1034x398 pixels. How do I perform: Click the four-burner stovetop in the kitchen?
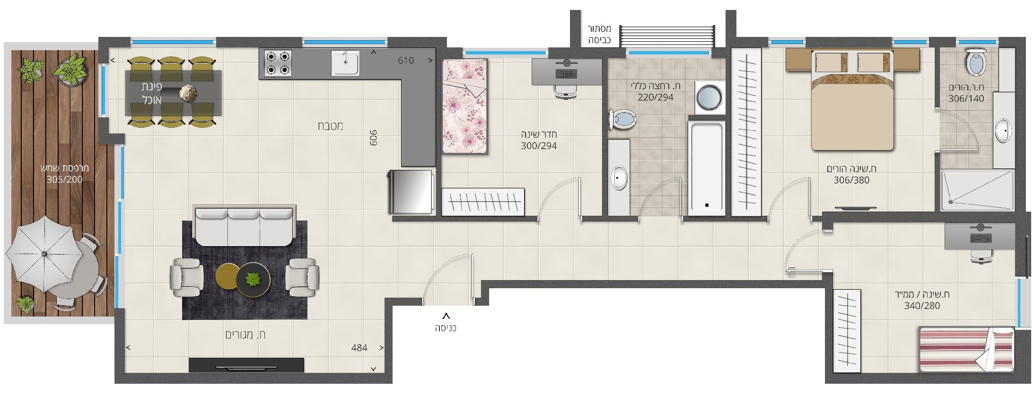tap(278, 63)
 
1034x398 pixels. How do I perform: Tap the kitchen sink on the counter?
tap(345, 63)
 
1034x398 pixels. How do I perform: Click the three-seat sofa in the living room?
tap(244, 226)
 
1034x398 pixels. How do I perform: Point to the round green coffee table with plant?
tap(254, 280)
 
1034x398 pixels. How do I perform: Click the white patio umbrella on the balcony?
tap(44, 254)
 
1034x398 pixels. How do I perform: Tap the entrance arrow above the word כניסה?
tap(446, 316)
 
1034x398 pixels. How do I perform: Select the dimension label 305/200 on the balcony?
tap(64, 179)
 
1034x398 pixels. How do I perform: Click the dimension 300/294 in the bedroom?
tap(539, 146)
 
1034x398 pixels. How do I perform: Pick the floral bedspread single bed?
tap(464, 106)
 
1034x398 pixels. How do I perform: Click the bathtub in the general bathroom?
tap(707, 166)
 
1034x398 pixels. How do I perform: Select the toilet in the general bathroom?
tap(622, 119)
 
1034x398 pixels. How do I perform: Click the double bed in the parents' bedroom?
tap(852, 100)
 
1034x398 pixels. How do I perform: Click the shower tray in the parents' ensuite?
tap(977, 190)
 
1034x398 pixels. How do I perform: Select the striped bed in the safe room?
tap(966, 349)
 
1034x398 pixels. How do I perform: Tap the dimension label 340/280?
tap(922, 306)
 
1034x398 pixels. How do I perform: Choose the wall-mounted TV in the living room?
tap(246, 365)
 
